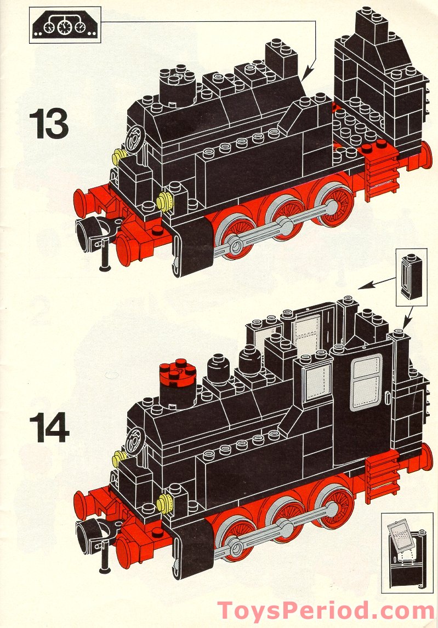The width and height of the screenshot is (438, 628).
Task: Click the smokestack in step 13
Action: tap(175, 88)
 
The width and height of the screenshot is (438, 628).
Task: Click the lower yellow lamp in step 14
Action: tap(162, 503)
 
